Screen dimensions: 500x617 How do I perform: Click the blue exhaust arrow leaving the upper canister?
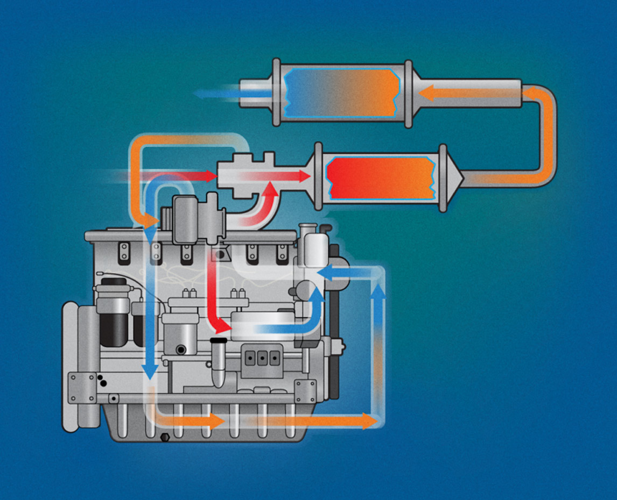205,94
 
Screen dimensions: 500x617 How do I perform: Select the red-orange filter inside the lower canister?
380,177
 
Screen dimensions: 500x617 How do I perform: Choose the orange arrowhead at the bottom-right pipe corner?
369,420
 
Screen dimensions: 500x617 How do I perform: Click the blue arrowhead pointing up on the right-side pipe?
379,291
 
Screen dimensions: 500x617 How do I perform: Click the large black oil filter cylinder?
114,326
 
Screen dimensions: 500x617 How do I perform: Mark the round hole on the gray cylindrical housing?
180,350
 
